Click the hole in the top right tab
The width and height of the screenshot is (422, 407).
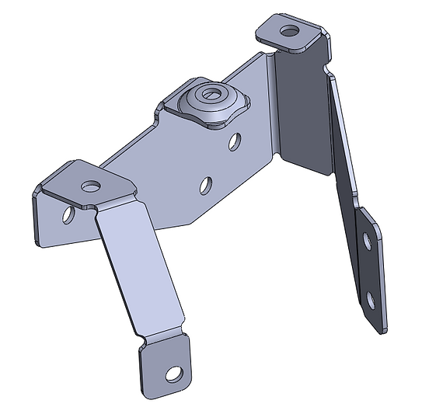pos(290,32)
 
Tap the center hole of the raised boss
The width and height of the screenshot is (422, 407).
pos(208,97)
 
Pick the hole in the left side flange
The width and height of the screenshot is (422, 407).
pos(69,214)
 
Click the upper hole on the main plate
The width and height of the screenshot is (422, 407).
pos(234,141)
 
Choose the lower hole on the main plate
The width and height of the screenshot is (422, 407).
pos(206,185)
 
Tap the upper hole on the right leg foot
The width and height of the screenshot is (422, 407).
pos(367,242)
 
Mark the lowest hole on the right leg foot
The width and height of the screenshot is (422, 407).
pos(371,299)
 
